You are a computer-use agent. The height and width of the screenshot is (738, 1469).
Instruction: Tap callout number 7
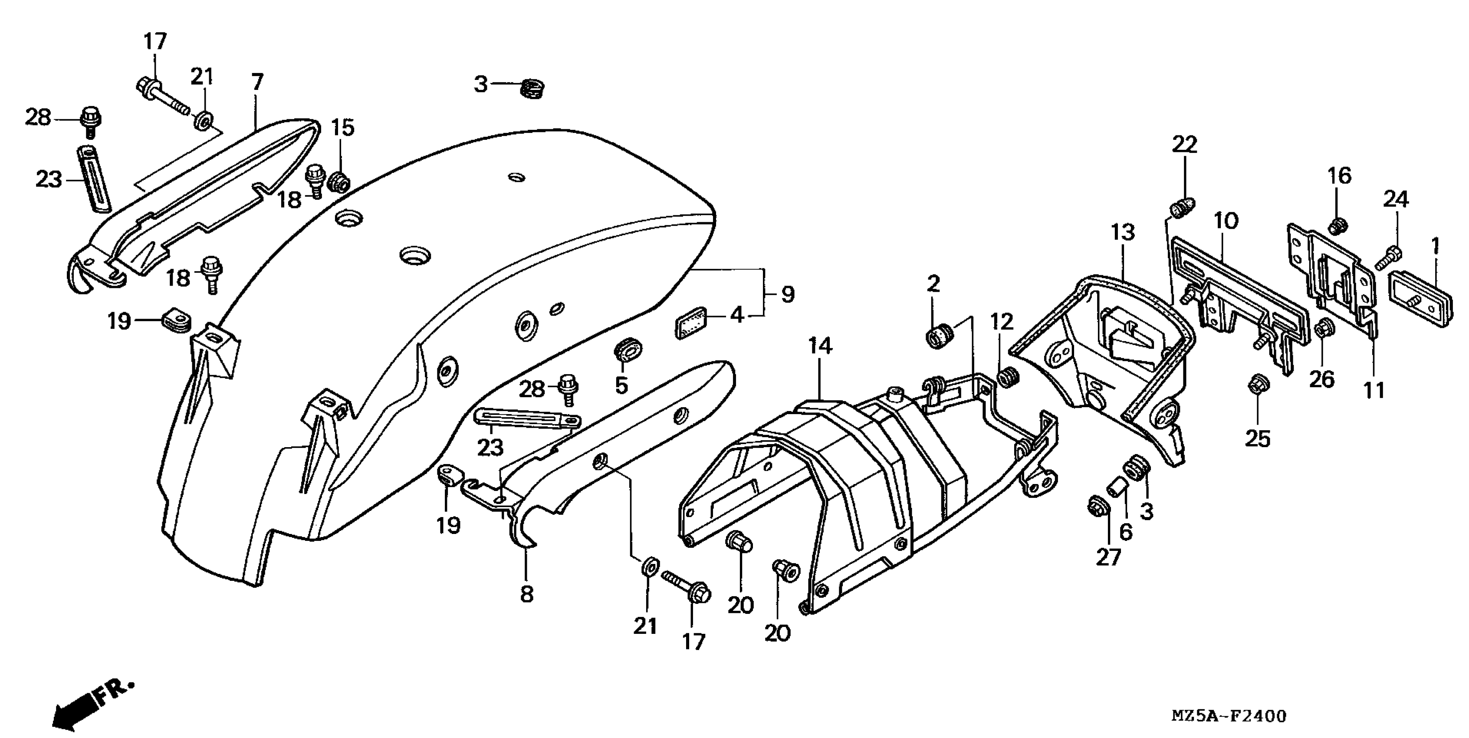pyautogui.click(x=257, y=82)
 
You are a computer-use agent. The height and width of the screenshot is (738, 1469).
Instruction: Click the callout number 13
pyautogui.click(x=1122, y=233)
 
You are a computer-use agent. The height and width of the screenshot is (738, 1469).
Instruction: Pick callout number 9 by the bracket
pyautogui.click(x=788, y=294)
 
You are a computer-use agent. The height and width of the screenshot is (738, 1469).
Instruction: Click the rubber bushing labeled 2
pyautogui.click(x=939, y=335)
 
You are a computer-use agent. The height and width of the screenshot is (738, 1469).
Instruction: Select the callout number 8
pyautogui.click(x=526, y=594)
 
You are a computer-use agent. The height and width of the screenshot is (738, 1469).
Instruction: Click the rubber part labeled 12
pyautogui.click(x=1008, y=377)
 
